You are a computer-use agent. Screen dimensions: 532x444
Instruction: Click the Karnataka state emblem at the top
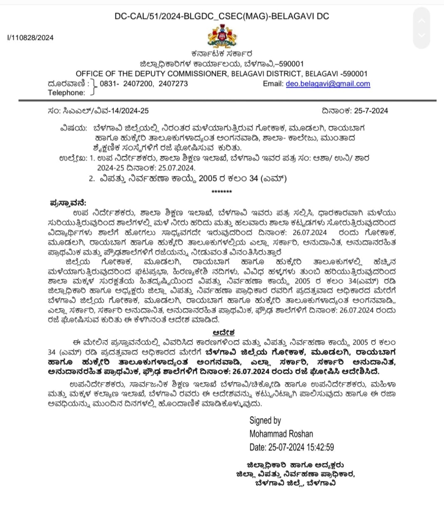pyautogui.click(x=222, y=36)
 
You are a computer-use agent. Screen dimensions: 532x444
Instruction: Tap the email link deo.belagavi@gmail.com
pyautogui.click(x=328, y=84)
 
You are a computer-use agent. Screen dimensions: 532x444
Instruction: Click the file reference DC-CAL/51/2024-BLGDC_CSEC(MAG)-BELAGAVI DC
pyautogui.click(x=222, y=16)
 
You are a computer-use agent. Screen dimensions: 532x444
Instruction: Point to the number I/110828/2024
pyautogui.click(x=30, y=37)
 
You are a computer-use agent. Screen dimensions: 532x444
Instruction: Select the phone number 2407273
pyautogui.click(x=173, y=84)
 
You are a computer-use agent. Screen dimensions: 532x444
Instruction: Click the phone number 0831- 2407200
pyautogui.click(x=126, y=84)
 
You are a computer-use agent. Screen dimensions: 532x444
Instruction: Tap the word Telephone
pyautogui.click(x=66, y=93)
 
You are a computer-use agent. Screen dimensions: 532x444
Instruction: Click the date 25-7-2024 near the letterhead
pyautogui.click(x=371, y=111)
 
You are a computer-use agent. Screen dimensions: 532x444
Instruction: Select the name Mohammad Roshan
pyautogui.click(x=281, y=434)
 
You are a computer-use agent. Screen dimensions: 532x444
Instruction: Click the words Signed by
pyautogui.click(x=265, y=420)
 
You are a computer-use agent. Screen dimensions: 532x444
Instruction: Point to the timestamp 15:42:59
pyautogui.click(x=320, y=447)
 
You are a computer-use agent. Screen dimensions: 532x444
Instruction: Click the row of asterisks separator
pyautogui.click(x=222, y=192)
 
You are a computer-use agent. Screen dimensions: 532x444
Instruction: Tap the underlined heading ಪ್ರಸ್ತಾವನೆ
pyautogui.click(x=68, y=203)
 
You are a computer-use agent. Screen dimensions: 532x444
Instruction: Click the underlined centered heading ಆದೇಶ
pyautogui.click(x=224, y=332)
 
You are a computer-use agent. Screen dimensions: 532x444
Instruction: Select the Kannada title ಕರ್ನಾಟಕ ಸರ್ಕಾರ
pyautogui.click(x=222, y=54)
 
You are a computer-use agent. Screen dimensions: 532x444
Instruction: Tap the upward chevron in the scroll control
pyautogui.click(x=422, y=21)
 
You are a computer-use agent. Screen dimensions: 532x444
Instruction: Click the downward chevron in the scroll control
pyautogui.click(x=422, y=35)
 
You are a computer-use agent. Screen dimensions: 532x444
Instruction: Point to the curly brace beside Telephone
pyautogui.click(x=94, y=88)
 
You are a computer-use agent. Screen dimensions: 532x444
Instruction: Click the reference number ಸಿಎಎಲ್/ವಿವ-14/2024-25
pyautogui.click(x=106, y=111)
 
